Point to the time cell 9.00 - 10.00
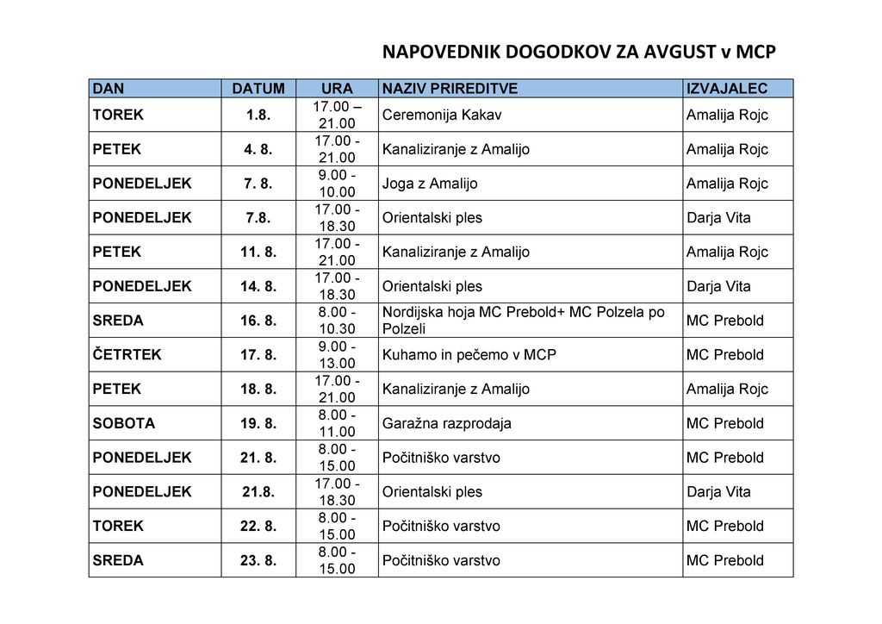[x=336, y=184]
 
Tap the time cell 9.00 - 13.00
[x=336, y=354]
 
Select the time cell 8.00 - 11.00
[x=336, y=423]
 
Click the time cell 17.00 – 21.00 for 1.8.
[x=336, y=115]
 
